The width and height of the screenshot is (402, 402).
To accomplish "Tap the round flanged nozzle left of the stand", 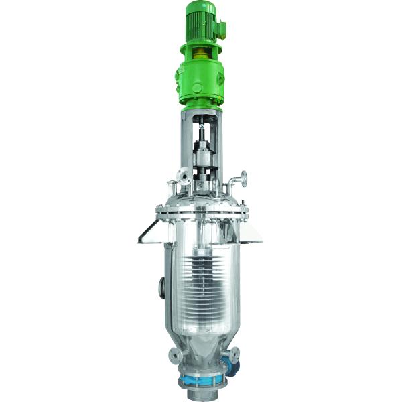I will click(x=181, y=175).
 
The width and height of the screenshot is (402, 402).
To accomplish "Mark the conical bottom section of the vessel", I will click(x=201, y=348).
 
